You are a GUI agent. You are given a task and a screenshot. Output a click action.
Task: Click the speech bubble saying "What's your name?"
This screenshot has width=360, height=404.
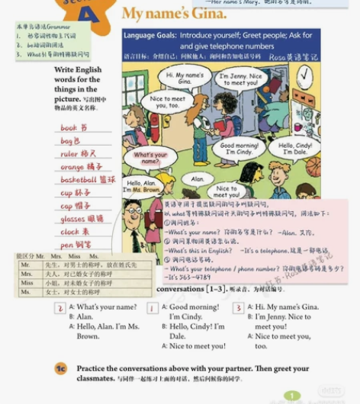pyautogui.click(x=150, y=159)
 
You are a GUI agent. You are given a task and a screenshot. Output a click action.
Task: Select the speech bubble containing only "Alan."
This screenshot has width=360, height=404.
pyautogui.click(x=198, y=179)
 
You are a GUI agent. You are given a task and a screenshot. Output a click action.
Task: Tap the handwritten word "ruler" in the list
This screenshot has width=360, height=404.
pyautogui.click(x=69, y=154)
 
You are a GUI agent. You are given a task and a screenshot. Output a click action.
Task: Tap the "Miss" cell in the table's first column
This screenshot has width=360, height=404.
pyautogui.click(x=27, y=283)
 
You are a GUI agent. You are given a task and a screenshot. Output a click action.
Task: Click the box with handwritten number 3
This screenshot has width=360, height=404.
pyautogui.click(x=239, y=309)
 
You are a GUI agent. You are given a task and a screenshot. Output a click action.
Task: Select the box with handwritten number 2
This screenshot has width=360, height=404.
pyautogui.click(x=59, y=309)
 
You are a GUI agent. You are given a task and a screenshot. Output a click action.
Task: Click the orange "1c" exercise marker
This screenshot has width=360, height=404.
pyautogui.click(x=61, y=369)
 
